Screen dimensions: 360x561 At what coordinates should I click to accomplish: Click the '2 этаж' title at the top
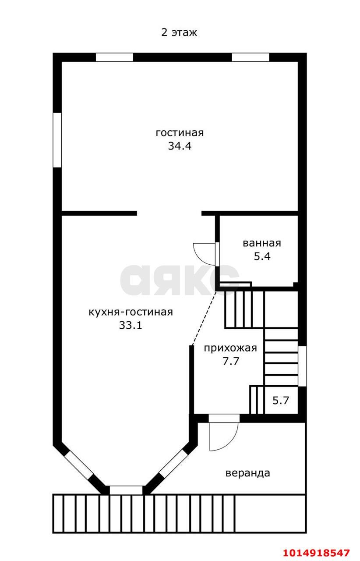click(179, 32)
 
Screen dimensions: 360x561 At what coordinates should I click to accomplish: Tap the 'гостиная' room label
click(180, 132)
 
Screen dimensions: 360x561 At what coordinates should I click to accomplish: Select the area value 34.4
click(180, 146)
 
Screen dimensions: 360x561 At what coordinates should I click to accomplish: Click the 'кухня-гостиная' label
click(131, 312)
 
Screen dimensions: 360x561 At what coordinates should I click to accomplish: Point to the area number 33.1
click(131, 325)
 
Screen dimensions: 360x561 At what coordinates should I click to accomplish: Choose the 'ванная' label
click(262, 243)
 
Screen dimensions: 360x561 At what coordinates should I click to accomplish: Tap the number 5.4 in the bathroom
click(262, 256)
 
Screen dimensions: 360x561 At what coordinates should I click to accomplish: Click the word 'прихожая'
click(230, 348)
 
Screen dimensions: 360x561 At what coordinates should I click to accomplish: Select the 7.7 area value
click(231, 362)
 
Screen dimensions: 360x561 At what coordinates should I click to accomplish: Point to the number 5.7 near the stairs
click(281, 401)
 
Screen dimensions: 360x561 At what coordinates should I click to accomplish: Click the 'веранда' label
click(248, 473)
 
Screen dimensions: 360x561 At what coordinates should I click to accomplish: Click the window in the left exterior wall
click(57, 140)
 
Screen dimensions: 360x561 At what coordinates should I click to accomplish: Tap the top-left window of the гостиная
click(114, 57)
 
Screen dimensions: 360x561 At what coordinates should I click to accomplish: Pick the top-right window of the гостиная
click(251, 57)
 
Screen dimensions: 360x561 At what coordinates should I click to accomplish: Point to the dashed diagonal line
click(204, 318)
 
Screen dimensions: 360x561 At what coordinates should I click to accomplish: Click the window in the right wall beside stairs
click(302, 366)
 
